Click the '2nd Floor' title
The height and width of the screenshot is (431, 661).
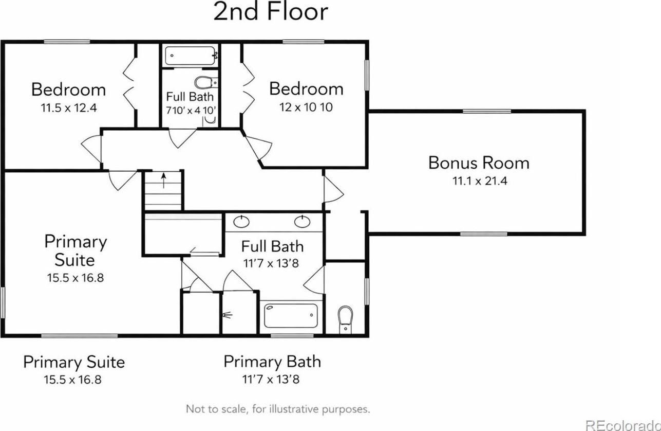[271, 12]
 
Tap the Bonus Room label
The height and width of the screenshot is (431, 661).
[479, 163]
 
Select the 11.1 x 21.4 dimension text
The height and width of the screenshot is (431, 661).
[480, 181]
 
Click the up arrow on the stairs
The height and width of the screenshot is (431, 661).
[164, 181]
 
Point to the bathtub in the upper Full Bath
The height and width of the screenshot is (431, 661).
[190, 56]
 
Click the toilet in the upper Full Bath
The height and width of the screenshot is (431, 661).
[205, 82]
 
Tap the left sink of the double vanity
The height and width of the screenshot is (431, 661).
[241, 222]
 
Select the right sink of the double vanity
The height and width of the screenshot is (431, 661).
[302, 222]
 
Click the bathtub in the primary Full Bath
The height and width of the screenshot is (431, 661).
[291, 315]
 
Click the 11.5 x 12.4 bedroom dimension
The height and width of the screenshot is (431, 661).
[69, 108]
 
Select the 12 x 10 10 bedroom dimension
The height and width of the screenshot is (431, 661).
[306, 107]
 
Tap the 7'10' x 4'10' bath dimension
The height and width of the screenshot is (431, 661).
[191, 110]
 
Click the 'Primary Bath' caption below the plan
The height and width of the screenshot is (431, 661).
[272, 362]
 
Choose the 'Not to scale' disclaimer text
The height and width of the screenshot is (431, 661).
[278, 409]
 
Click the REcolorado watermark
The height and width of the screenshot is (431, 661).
[622, 426]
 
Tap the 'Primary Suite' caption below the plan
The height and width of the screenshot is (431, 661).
[74, 362]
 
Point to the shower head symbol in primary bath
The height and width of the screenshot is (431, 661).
[228, 315]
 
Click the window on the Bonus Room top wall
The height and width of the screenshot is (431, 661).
[487, 111]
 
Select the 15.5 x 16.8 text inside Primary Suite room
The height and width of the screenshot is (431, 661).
[75, 278]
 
